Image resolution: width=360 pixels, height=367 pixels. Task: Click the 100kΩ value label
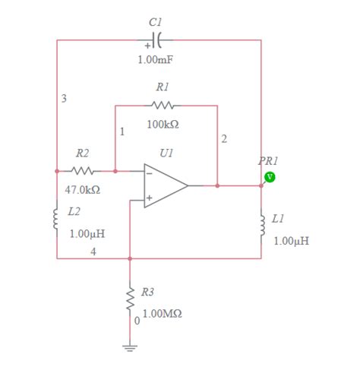[x=163, y=123]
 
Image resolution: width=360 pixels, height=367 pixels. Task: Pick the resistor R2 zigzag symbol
[x=83, y=171]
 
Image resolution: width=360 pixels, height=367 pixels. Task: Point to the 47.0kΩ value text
[x=83, y=189]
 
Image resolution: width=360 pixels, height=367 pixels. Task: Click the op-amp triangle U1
[x=166, y=185]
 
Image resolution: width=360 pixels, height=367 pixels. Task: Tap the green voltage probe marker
[x=270, y=177]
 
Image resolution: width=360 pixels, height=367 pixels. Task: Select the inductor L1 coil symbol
[x=261, y=221]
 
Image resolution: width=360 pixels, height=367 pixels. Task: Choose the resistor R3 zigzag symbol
[x=130, y=298]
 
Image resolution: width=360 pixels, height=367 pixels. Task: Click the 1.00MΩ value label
[x=162, y=313]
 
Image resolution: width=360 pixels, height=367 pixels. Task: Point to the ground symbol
[x=130, y=347]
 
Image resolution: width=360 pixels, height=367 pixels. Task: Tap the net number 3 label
[x=64, y=99]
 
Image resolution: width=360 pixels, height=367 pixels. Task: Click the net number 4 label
[x=93, y=252]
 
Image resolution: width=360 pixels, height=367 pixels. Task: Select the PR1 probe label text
[x=269, y=161]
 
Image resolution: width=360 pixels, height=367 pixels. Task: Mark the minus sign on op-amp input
[x=150, y=173]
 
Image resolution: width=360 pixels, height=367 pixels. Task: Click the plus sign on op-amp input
[x=150, y=198]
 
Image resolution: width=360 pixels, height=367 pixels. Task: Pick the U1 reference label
[x=166, y=153]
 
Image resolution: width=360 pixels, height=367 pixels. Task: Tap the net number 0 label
[x=137, y=321]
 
